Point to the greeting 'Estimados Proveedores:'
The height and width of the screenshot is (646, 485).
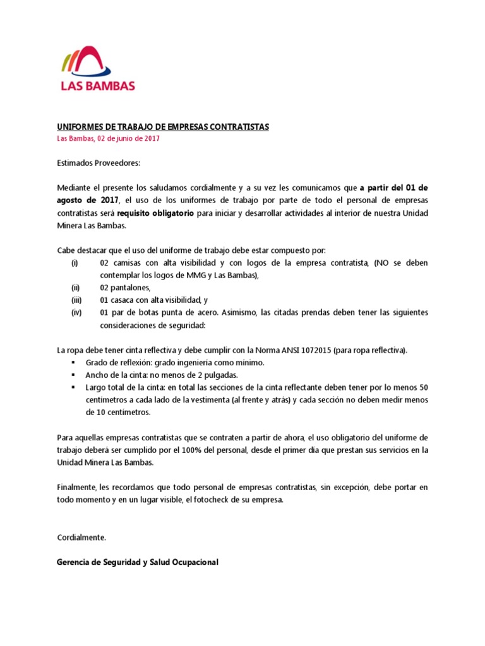tap(98, 163)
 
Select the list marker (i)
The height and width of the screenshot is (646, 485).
tap(75, 263)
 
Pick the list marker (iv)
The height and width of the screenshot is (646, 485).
tap(75, 313)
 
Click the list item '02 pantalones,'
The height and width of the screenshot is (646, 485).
tap(125, 288)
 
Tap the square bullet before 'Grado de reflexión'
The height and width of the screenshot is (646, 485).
tap(73, 363)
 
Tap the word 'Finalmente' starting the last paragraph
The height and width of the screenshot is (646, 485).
tap(75, 488)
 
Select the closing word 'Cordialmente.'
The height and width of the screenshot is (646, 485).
tap(82, 537)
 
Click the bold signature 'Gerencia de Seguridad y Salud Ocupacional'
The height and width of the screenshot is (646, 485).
tap(137, 562)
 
